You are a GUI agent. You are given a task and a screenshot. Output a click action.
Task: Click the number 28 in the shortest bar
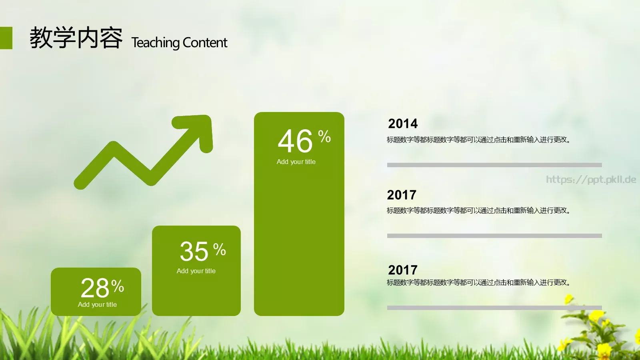coord(94,288)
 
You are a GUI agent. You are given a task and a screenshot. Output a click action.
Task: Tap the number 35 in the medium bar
coord(194,252)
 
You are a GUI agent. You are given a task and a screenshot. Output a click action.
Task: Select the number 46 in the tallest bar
coord(295,141)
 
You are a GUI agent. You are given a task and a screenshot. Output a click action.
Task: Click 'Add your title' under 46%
coord(296,162)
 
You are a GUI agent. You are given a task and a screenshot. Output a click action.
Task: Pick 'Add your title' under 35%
coord(196,271)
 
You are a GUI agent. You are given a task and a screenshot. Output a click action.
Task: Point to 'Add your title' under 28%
coord(98,304)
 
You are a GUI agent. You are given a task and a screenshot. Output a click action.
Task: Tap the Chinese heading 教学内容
coord(76,38)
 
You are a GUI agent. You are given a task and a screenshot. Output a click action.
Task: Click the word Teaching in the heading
coord(155,42)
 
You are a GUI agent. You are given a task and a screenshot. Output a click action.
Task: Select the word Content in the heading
coord(205,42)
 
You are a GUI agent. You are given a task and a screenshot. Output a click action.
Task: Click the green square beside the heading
coord(6,38)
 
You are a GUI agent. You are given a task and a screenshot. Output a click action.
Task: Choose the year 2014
coord(403,124)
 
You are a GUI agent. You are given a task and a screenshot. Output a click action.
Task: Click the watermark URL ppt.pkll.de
coord(591,180)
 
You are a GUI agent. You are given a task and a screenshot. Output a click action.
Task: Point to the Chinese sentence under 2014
coord(478,140)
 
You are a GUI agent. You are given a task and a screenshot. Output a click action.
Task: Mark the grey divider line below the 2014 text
coord(494,165)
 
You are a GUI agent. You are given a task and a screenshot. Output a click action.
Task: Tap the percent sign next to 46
coord(324,136)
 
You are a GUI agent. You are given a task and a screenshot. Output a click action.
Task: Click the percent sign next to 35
coord(220,249)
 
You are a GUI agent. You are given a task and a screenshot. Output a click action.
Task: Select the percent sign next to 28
coord(118,286)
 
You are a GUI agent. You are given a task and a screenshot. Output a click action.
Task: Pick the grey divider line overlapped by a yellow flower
coord(494,308)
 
